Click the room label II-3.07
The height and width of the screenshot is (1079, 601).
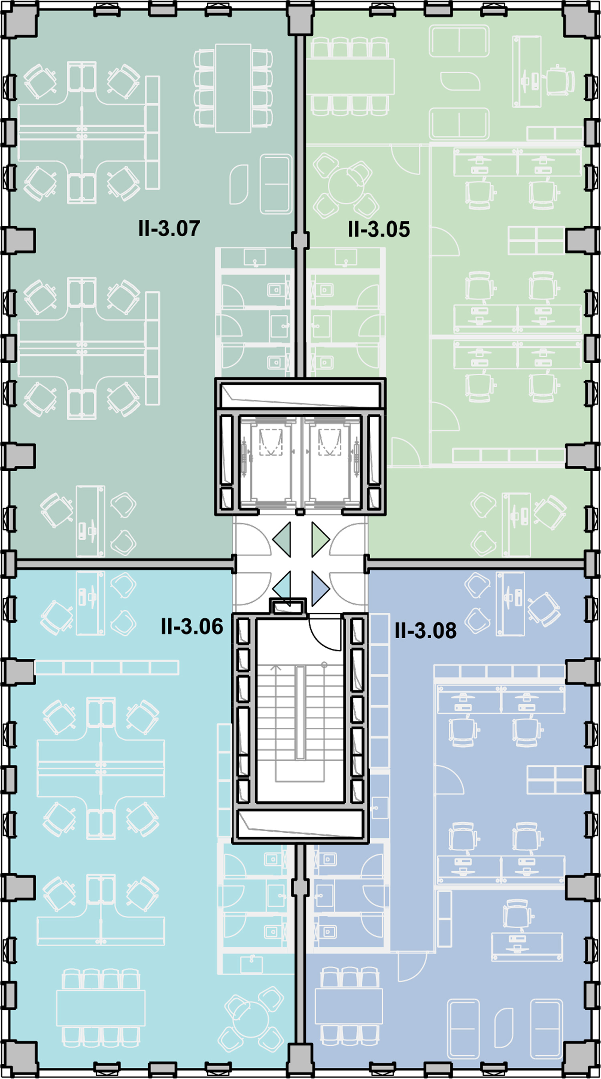click(169, 229)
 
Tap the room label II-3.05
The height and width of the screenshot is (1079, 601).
click(379, 229)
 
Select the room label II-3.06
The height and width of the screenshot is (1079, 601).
click(192, 627)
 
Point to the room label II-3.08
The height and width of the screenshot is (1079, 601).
click(425, 630)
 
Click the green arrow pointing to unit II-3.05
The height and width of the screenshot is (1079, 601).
click(320, 539)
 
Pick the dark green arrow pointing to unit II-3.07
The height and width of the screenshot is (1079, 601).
click(282, 539)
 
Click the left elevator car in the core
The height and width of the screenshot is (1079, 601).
click(270, 462)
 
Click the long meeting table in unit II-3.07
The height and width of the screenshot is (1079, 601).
click(234, 88)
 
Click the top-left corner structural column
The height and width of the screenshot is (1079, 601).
click(20, 21)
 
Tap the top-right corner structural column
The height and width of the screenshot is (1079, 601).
click(581, 21)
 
